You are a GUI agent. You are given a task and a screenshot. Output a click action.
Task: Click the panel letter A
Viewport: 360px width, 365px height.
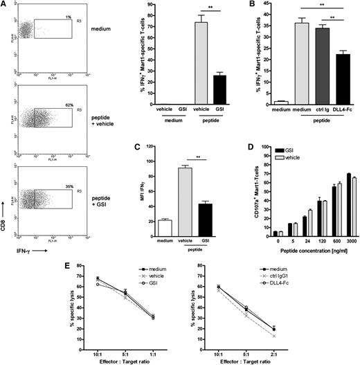5,6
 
